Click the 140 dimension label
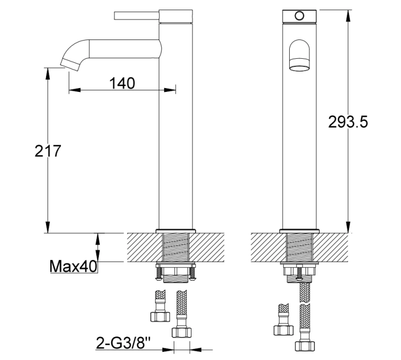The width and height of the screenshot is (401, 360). coord(122,83)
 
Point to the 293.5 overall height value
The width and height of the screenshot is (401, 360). coord(347,122)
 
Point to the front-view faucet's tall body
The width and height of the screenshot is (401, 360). coord(299,150)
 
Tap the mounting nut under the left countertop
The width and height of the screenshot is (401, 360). coord(176,274)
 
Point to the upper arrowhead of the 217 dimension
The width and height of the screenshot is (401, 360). coord(48,71)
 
